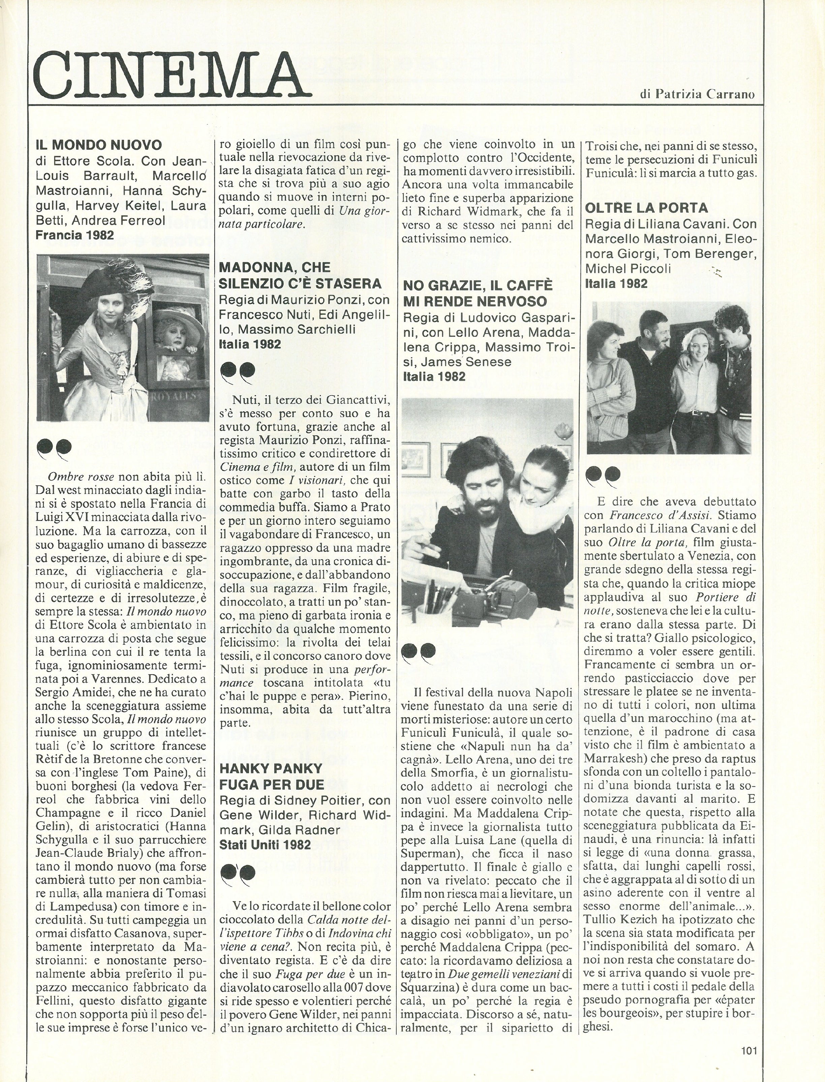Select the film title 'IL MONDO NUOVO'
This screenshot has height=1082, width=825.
pyautogui.click(x=99, y=145)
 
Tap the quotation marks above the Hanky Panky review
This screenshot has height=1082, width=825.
pyautogui.click(x=238, y=871)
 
